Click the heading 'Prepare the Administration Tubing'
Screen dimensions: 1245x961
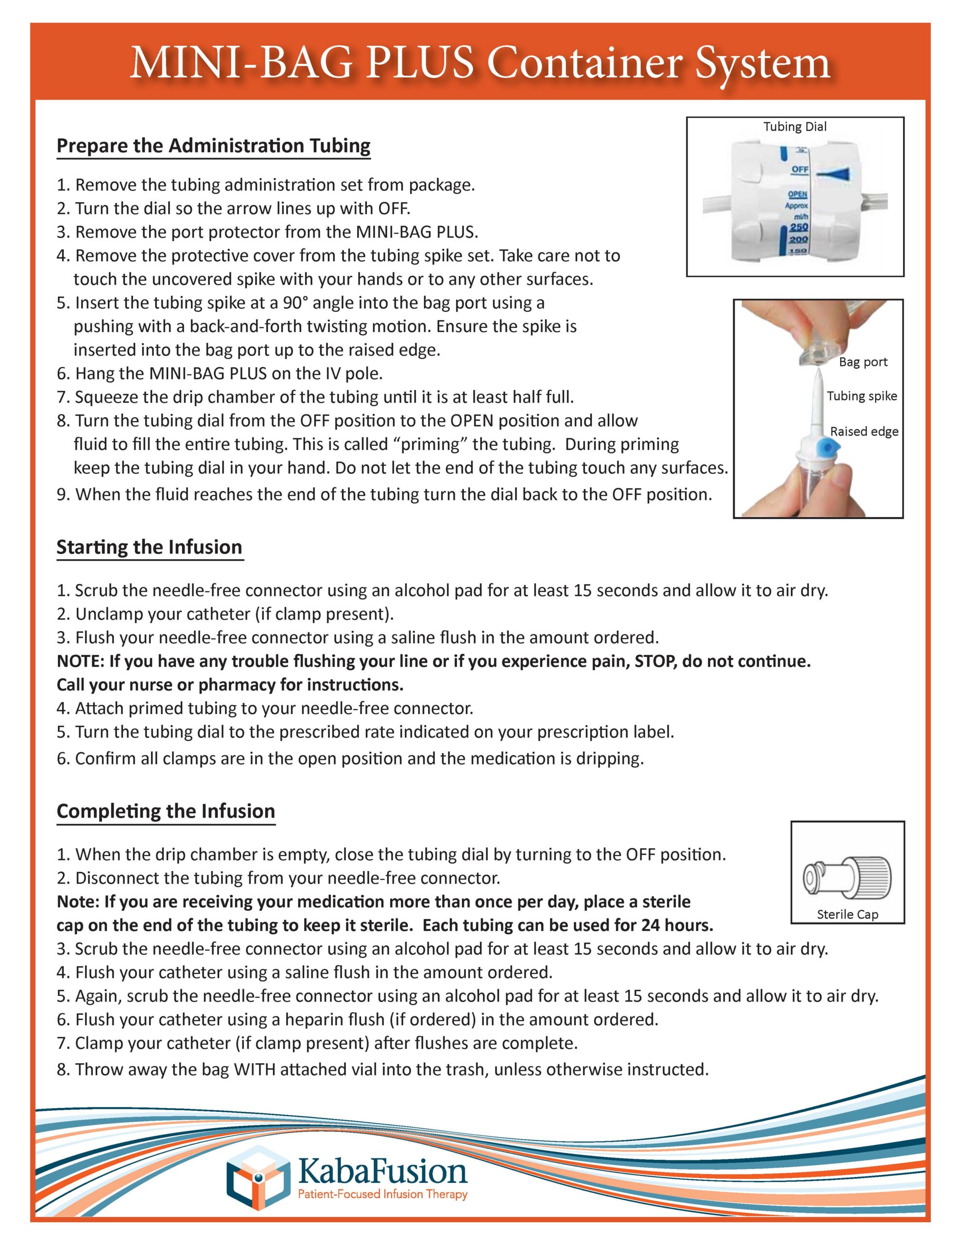(213, 146)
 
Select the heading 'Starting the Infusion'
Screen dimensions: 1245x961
(149, 547)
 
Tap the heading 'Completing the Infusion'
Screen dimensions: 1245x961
(165, 811)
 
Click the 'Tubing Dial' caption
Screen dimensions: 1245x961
(795, 126)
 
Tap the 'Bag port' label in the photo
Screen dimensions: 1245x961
(862, 362)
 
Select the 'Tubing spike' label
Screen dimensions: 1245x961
(861, 396)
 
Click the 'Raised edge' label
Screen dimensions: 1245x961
(864, 431)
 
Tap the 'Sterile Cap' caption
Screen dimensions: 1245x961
(847, 914)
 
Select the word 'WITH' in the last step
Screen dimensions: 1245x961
(255, 1069)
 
